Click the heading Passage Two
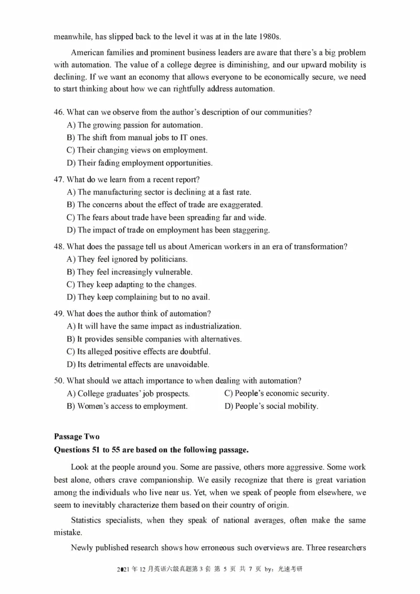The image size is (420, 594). point(76,437)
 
